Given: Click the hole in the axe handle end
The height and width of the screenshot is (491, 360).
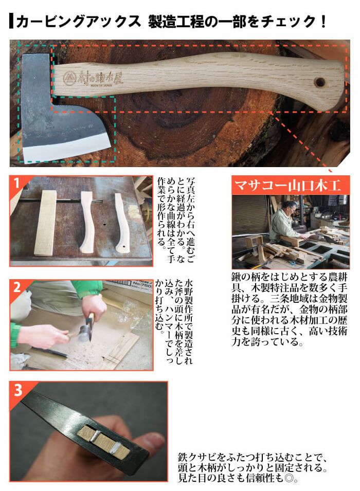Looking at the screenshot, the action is pos(319,82).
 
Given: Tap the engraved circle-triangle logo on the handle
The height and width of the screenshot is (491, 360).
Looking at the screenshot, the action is pos(69,78).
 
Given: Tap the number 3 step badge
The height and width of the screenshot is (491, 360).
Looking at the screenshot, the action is pos(18,390).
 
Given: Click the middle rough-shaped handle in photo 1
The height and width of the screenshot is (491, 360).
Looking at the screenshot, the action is pos(87,222).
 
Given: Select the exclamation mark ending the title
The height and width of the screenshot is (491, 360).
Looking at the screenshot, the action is pos(323,21).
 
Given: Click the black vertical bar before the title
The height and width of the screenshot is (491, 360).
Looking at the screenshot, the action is pos(11,21).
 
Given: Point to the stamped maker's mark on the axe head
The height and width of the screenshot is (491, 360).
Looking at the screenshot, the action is pos(48,120).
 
